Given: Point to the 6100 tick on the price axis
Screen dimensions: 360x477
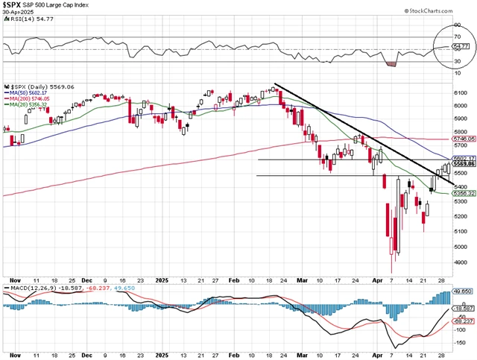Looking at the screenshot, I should pos(461,92).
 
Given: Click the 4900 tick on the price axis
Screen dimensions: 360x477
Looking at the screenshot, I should pos(461,262).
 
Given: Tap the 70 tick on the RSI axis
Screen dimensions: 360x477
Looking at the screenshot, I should pos(457,37).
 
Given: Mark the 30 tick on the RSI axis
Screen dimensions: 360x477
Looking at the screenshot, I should pos(457,62).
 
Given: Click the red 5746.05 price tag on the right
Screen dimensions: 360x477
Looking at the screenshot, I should pos(463,139).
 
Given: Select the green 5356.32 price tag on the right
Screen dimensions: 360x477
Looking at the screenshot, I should pos(463,193).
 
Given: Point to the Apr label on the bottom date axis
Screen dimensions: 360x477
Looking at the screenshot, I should pos(377,351).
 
